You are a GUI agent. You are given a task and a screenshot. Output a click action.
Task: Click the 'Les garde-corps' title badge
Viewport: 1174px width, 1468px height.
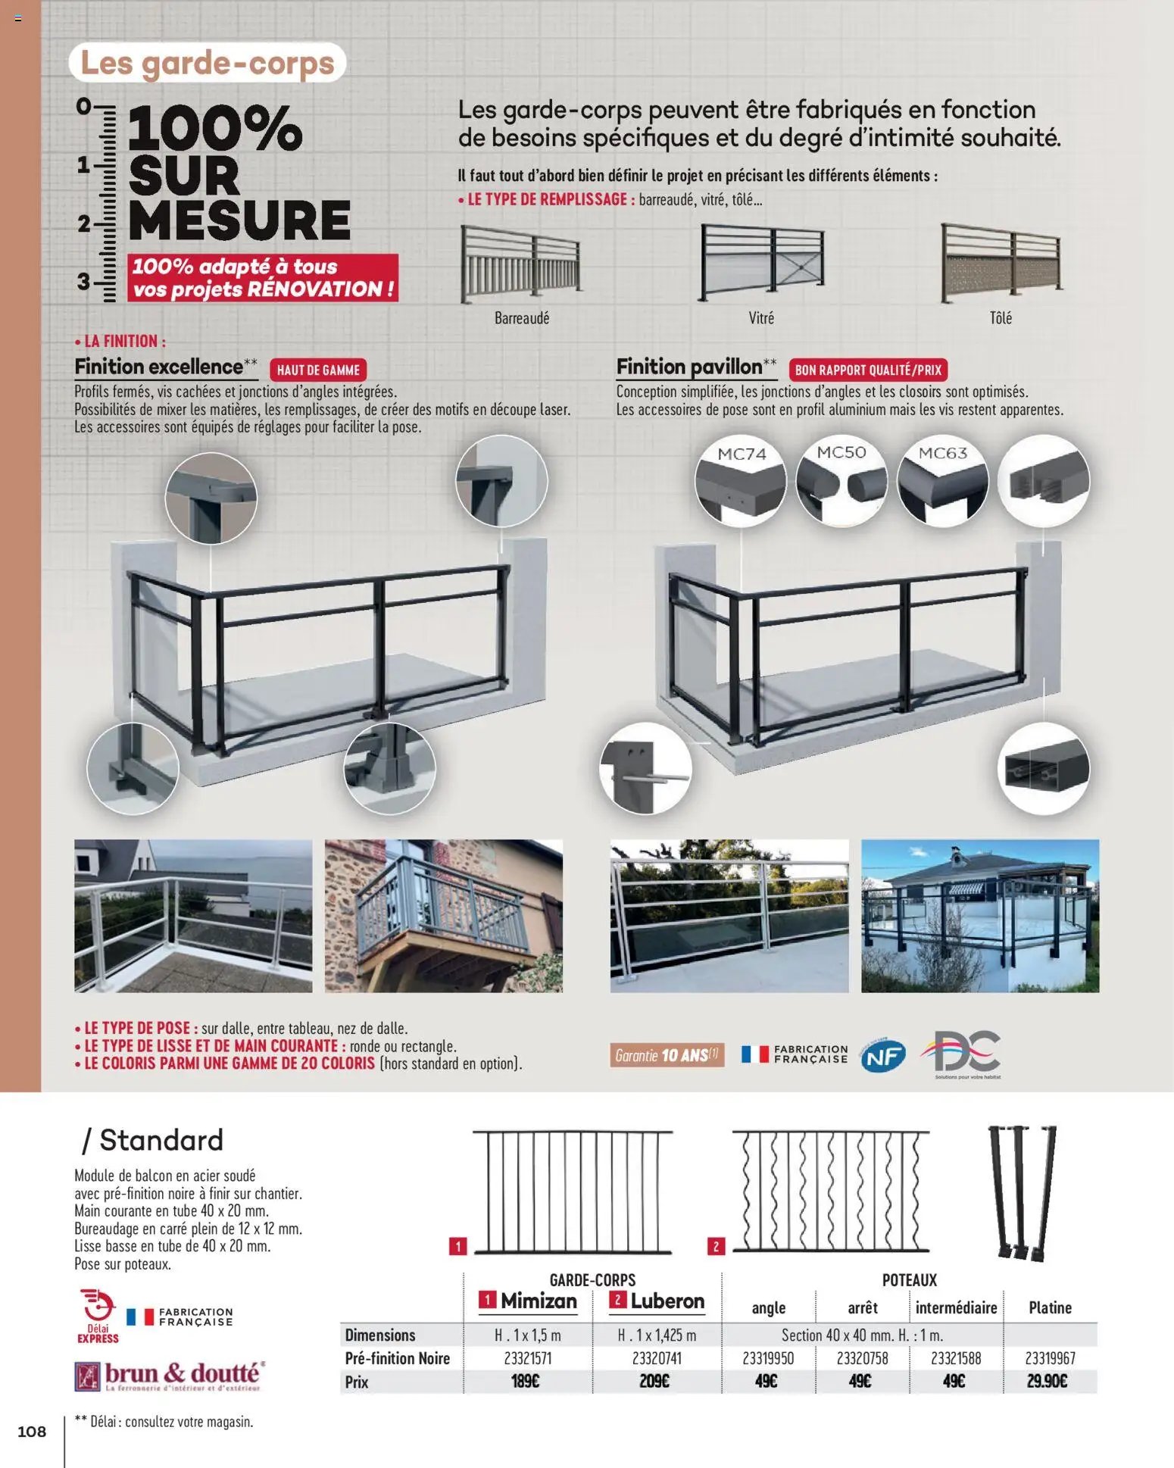[x=207, y=63]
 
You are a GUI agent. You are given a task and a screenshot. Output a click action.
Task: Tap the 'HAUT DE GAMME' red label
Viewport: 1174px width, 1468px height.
[x=318, y=370]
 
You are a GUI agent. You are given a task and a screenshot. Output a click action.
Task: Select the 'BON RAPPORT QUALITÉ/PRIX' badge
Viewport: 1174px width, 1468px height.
[x=868, y=370]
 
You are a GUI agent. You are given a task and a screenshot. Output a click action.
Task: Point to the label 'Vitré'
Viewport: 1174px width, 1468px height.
[x=761, y=318]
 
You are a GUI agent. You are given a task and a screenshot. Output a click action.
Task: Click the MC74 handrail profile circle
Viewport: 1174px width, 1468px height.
[x=741, y=479]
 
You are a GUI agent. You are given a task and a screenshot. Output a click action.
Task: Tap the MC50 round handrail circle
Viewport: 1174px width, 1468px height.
[x=841, y=478]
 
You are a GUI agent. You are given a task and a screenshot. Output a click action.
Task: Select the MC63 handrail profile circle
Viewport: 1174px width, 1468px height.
[x=943, y=479]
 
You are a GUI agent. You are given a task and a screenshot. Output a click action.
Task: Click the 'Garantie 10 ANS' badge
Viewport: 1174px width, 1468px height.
[x=667, y=1055]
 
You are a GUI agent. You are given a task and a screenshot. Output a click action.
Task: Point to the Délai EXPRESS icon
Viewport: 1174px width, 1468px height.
[x=98, y=1317]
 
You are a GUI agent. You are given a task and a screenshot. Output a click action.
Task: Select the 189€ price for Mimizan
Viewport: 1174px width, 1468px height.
[x=525, y=1382]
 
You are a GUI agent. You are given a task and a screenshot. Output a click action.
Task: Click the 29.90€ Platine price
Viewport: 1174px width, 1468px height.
[x=1048, y=1382]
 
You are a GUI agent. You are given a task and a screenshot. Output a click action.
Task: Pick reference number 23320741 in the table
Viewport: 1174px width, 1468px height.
[x=657, y=1358]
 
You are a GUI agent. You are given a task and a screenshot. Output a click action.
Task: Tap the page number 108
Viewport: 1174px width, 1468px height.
[x=32, y=1431]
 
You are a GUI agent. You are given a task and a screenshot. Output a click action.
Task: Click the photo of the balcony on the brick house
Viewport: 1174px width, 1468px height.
[x=444, y=916]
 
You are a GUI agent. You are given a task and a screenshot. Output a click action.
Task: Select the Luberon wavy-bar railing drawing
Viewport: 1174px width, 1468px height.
[x=830, y=1192]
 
